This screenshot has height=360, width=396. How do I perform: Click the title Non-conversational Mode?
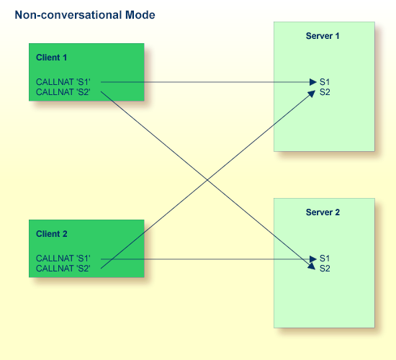click(85, 15)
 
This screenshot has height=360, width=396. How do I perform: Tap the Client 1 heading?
click(52, 58)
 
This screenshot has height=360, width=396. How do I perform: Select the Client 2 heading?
click(52, 234)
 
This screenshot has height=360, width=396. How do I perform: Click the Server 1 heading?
click(323, 36)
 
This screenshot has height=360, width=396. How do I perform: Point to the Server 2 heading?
click(323, 212)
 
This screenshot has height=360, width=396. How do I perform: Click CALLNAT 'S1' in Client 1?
click(63, 82)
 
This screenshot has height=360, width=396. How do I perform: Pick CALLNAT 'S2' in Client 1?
click(63, 92)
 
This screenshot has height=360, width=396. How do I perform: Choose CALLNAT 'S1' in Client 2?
click(63, 258)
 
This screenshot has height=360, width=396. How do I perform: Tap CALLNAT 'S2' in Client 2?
click(63, 269)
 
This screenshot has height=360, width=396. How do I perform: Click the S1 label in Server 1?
click(325, 82)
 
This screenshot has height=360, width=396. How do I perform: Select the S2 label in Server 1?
click(325, 92)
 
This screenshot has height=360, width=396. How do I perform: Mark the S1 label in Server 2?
click(325, 258)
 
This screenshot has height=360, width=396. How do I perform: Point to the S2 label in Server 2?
click(325, 269)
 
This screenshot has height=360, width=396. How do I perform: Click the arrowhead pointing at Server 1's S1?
click(313, 82)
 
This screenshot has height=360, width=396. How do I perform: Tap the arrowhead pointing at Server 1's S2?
click(312, 94)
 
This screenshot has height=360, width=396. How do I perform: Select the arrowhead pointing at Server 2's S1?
click(313, 259)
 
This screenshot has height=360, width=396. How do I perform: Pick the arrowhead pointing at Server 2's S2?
click(312, 266)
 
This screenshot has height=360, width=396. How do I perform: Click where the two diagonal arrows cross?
click(207, 180)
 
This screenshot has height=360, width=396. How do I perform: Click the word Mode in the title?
click(140, 15)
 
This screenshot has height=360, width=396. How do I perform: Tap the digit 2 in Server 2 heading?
click(337, 212)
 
